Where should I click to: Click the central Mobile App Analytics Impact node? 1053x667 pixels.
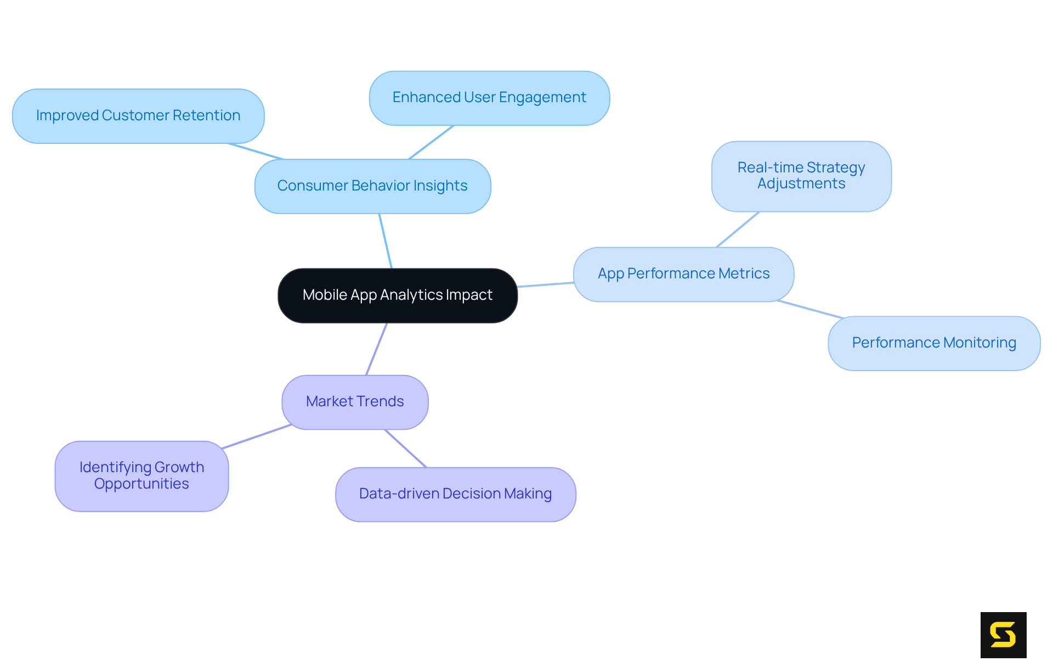pyautogui.click(x=398, y=295)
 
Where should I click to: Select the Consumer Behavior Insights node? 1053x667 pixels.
pyautogui.click(x=372, y=186)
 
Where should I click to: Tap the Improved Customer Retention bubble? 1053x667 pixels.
pyautogui.click(x=138, y=116)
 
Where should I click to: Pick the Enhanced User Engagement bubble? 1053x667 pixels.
pyautogui.click(x=489, y=98)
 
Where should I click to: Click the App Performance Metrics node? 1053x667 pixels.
pyautogui.click(x=683, y=274)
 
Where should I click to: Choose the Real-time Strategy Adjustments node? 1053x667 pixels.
pyautogui.click(x=801, y=176)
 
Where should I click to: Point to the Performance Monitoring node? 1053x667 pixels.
pyautogui.click(x=933, y=343)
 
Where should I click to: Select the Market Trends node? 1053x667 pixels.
pyautogui.click(x=355, y=402)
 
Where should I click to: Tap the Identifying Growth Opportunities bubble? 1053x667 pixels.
pyautogui.click(x=141, y=476)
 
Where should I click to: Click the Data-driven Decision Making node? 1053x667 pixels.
pyautogui.click(x=455, y=494)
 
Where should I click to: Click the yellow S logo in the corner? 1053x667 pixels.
pyautogui.click(x=1003, y=635)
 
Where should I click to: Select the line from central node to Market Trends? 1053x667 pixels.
pyautogui.click(x=377, y=349)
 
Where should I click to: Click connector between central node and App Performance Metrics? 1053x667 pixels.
pyautogui.click(x=545, y=284)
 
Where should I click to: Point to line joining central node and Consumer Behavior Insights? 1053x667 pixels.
pyautogui.click(x=386, y=241)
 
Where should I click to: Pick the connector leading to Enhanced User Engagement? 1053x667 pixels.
pyautogui.click(x=432, y=142)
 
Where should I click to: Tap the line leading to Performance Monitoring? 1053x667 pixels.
pyautogui.click(x=809, y=309)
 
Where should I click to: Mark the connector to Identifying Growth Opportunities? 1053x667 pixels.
pyautogui.click(x=256, y=436)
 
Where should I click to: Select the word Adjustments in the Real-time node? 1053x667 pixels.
pyautogui.click(x=801, y=184)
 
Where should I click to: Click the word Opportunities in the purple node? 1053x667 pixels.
pyautogui.click(x=141, y=484)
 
